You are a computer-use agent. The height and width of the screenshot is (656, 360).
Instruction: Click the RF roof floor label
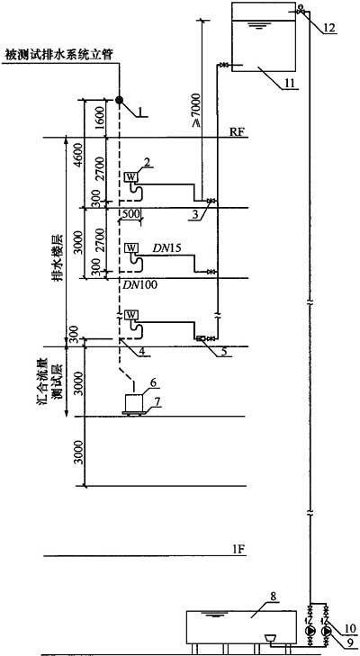240,131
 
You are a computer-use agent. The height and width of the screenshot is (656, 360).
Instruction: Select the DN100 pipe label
138,285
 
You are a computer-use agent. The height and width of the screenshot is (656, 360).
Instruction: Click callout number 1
141,112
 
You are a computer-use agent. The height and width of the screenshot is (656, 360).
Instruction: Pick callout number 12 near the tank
329,28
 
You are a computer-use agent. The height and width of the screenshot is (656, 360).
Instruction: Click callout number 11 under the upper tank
289,84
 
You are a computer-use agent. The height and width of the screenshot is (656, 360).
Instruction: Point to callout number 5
224,352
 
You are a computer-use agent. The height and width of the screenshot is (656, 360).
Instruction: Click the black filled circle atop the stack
119,100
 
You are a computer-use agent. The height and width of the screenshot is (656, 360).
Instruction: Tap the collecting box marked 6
134,403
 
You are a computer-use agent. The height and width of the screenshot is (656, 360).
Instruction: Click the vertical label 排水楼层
58,258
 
